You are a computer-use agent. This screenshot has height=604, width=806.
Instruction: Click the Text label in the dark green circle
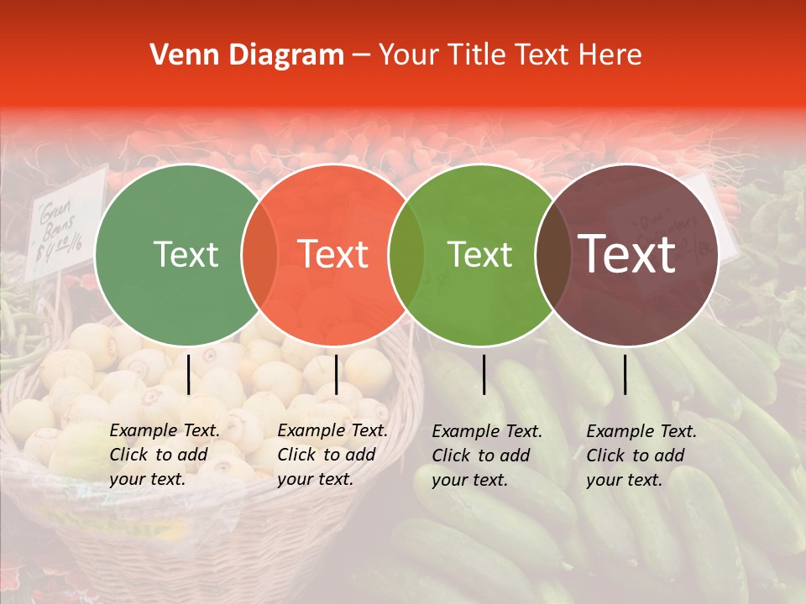pos(186,254)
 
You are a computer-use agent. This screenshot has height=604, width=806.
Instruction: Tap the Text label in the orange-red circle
pos(333,254)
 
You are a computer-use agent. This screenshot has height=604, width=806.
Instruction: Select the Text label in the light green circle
pos(480,254)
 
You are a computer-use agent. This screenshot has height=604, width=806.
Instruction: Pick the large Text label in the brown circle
pos(626,254)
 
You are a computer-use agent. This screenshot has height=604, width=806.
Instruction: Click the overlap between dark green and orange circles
pos(259,255)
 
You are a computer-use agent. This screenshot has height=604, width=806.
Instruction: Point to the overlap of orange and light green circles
pos(406,255)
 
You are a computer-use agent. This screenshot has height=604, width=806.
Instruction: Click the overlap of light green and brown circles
pos(552,255)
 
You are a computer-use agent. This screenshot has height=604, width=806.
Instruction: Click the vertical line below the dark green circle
pos(188,374)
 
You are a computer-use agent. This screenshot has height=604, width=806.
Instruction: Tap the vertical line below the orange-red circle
pos(336,374)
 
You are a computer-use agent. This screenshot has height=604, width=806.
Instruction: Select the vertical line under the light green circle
pos(484,374)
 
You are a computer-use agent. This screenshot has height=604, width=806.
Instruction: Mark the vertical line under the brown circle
pos(625,374)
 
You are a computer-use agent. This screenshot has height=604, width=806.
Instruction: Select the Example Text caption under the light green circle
pos(487,456)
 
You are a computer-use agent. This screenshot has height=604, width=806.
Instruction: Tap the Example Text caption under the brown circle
pos(641,456)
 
